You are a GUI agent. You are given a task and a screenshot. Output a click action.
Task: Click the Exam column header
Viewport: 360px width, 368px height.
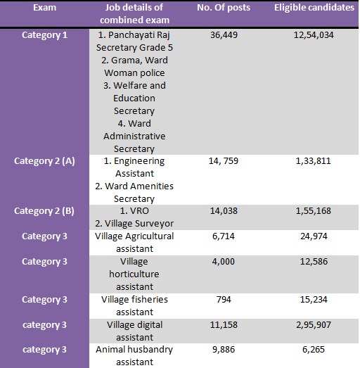44,8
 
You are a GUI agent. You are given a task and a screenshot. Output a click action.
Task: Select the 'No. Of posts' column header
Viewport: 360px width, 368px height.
224,8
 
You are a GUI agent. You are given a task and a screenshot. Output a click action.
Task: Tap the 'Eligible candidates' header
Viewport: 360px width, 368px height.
314,8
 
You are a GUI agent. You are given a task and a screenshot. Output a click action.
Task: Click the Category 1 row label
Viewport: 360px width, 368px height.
44,35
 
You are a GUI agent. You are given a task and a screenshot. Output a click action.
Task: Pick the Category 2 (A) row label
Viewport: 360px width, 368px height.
44,161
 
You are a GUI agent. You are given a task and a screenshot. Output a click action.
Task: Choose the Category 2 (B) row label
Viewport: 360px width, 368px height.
44,211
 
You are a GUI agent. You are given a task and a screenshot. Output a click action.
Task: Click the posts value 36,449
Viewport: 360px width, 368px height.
224,35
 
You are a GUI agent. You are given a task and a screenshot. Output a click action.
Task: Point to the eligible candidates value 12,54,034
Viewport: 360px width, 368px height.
314,35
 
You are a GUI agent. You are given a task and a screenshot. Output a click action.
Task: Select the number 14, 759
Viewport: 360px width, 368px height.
224,161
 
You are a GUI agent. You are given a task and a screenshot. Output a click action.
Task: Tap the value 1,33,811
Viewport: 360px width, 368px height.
314,161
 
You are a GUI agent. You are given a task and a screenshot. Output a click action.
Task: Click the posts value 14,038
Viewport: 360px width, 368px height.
224,211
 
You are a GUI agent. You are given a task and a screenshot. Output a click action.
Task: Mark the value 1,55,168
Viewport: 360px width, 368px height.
314,211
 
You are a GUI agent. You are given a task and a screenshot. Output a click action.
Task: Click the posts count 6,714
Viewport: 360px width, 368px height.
224,236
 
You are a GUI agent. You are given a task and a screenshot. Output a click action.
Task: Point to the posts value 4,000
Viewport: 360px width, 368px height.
224,262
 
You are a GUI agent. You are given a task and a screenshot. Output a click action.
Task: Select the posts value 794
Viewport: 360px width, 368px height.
224,300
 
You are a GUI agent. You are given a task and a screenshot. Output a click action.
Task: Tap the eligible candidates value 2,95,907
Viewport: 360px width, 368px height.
314,325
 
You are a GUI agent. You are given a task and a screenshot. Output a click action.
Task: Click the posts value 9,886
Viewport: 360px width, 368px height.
224,350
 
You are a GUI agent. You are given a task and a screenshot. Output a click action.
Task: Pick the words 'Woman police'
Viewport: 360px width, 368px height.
134,73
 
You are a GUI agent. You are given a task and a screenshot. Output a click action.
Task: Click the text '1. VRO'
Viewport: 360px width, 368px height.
134,211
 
